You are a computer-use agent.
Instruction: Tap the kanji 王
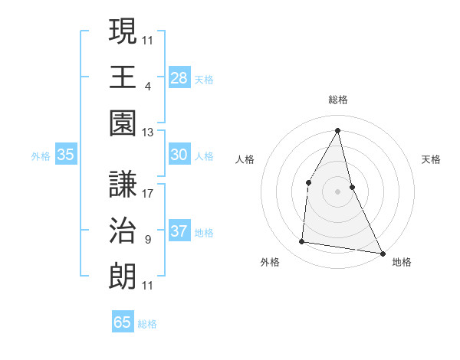click(x=123, y=77)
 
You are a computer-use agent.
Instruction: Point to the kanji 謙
click(x=123, y=184)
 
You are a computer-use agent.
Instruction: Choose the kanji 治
click(x=123, y=231)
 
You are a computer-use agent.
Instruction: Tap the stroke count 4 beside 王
click(x=147, y=86)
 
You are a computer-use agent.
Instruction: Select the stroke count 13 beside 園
click(x=148, y=133)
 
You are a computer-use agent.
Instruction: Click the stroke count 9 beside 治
click(x=147, y=240)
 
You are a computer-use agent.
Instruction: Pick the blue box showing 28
click(x=179, y=77)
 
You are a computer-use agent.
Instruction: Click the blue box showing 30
click(x=179, y=155)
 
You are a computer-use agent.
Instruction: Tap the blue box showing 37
click(x=179, y=231)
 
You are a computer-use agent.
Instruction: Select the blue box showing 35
click(x=65, y=155)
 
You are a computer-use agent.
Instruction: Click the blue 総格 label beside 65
click(x=147, y=324)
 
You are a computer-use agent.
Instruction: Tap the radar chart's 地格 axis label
click(x=402, y=262)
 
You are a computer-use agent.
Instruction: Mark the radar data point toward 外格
click(x=302, y=242)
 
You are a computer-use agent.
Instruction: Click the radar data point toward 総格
click(x=338, y=130)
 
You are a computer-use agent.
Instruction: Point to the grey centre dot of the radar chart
click(x=337, y=191)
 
